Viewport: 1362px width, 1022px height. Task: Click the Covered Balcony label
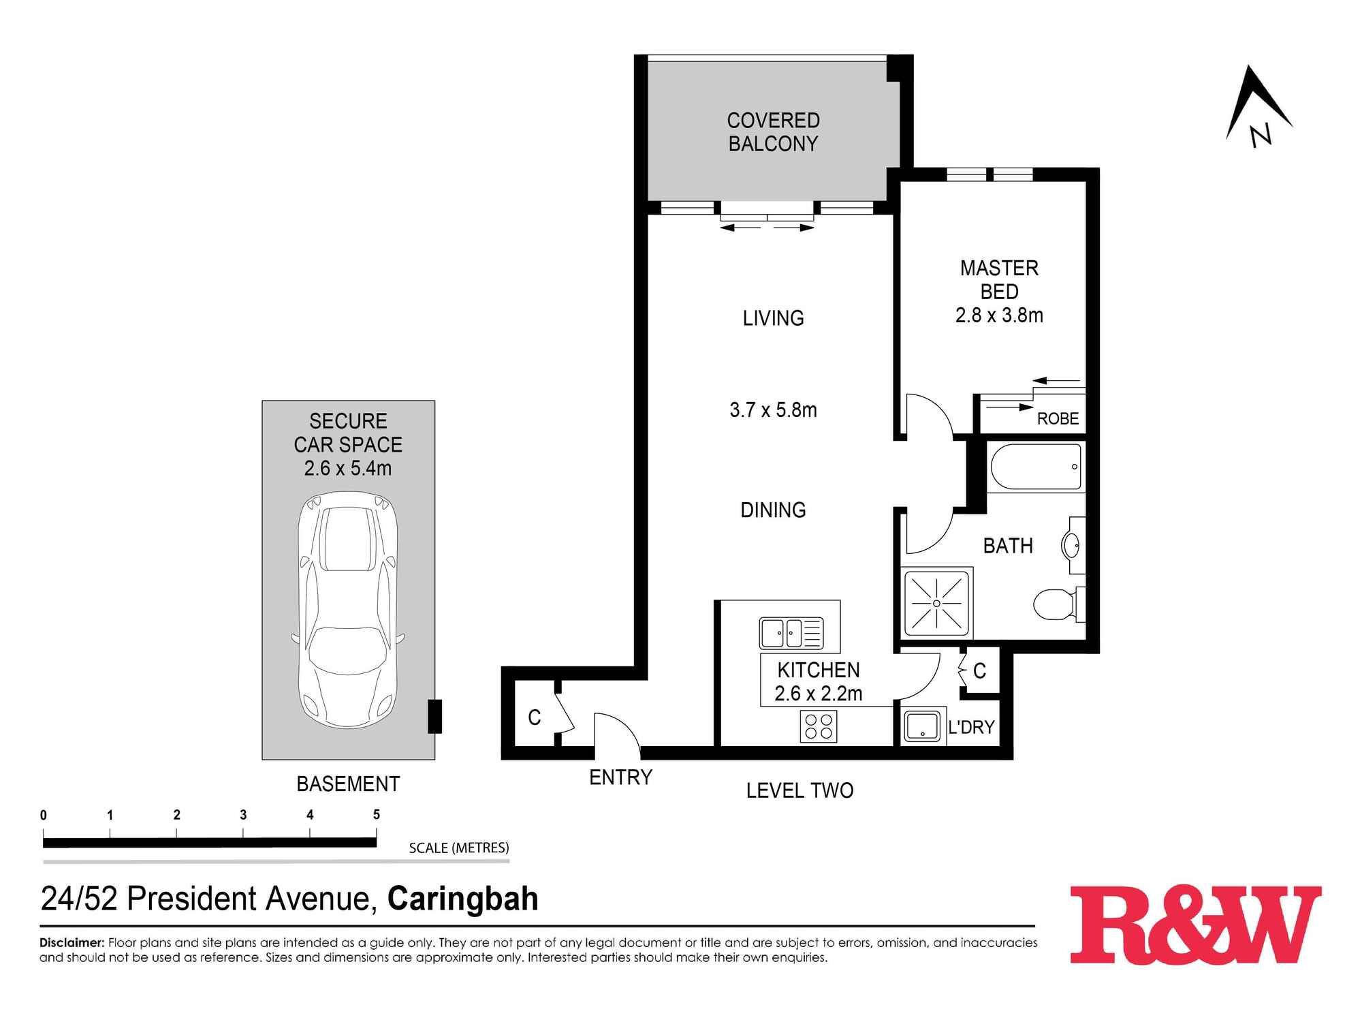coord(773,132)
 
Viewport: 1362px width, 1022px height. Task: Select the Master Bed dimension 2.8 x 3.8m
coord(999,315)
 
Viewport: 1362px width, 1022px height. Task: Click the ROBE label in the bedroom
coord(1058,419)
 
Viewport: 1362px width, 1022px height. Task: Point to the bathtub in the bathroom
coord(1036,467)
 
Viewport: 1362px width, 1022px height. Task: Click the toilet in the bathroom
coord(1055,604)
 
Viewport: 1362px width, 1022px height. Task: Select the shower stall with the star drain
coord(936,603)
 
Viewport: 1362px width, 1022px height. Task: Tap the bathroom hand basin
coord(1071,545)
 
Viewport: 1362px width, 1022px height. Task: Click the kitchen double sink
coord(791,633)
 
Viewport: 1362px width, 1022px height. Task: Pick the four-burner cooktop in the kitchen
coord(819,726)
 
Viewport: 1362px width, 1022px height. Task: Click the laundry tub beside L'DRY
coord(922,726)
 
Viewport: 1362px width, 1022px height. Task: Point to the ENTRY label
coord(620,777)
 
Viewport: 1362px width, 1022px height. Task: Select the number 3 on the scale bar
coord(243,815)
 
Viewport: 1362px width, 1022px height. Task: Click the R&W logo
coord(1195,924)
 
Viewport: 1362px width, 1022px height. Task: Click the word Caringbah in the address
coord(462,899)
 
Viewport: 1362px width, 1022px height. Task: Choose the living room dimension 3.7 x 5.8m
coord(773,410)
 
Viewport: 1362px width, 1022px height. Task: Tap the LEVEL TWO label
coord(799,790)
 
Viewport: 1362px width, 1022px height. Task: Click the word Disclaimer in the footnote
coord(72,943)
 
